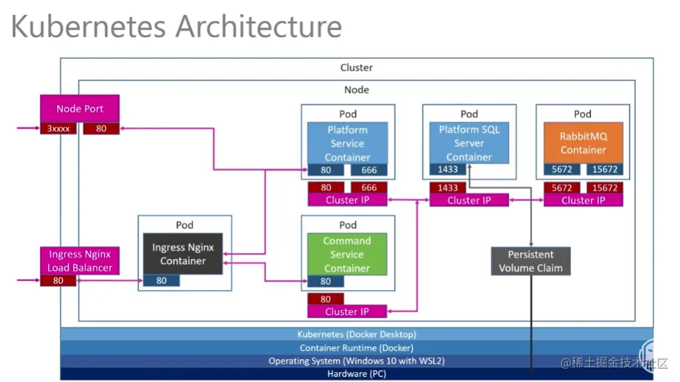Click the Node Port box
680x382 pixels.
[79, 108]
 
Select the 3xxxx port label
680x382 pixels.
[58, 128]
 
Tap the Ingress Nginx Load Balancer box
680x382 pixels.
[79, 261]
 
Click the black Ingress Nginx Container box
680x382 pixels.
[183, 254]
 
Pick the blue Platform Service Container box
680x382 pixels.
[347, 142]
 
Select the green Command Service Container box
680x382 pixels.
[347, 254]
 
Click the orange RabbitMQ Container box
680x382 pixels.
[583, 142]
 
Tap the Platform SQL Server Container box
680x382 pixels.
[469, 142]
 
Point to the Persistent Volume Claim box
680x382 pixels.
[530, 261]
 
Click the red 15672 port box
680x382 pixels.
[604, 188]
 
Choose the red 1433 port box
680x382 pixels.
[448, 188]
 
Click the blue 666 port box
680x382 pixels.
[369, 170]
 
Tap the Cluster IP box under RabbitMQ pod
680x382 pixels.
[583, 200]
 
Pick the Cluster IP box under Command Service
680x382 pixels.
[347, 311]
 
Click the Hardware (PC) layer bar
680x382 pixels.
[356, 374]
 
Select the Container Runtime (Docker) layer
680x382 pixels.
[356, 347]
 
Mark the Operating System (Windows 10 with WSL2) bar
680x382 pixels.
[356, 361]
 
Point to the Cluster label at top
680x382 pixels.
[357, 67]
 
